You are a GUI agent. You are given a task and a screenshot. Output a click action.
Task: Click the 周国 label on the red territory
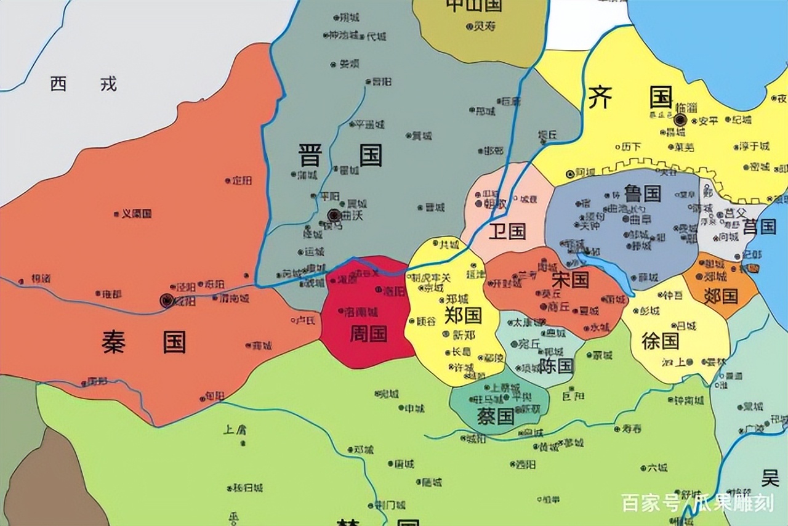(x=368, y=334)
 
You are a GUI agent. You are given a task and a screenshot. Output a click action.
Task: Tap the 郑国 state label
(x=463, y=315)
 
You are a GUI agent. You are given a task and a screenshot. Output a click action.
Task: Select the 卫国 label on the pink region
(x=507, y=232)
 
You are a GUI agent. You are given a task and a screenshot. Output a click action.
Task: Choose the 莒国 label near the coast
(x=759, y=227)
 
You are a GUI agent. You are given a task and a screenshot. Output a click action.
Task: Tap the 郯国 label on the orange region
(x=720, y=296)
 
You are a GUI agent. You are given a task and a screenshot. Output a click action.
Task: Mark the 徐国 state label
(x=660, y=341)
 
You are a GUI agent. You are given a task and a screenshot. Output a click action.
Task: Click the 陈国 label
(x=556, y=366)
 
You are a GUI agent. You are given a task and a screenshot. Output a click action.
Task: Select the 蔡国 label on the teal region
(x=496, y=416)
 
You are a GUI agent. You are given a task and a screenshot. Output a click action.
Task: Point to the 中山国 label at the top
(x=474, y=6)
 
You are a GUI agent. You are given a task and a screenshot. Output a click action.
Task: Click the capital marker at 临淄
(x=680, y=120)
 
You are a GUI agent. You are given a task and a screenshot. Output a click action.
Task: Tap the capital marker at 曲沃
(x=334, y=215)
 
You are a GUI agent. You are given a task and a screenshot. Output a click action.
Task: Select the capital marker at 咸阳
(x=166, y=300)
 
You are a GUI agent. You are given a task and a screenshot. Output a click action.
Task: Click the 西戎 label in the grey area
(x=84, y=84)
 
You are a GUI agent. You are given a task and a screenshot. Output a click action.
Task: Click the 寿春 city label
(x=631, y=428)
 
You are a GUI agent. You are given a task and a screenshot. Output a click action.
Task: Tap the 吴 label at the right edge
(x=770, y=477)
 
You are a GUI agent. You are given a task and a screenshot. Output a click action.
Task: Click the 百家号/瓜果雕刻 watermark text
(x=697, y=503)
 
